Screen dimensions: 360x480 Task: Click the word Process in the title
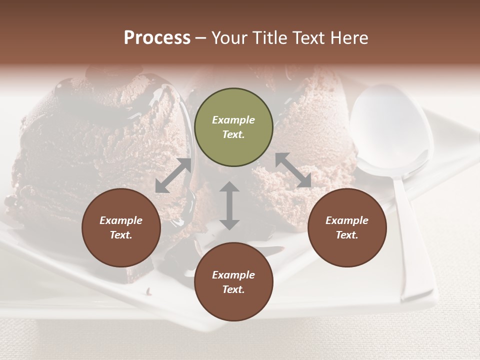pyautogui.click(x=157, y=38)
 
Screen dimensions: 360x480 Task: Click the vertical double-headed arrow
pyautogui.click(x=229, y=205)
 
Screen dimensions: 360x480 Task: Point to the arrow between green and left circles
pyautogui.click(x=173, y=175)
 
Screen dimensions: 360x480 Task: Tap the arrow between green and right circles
pyautogui.click(x=293, y=170)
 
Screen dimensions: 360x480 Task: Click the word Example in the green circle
pyautogui.click(x=233, y=120)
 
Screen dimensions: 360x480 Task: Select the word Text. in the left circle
pyautogui.click(x=121, y=235)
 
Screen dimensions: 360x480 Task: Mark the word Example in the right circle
pyautogui.click(x=347, y=220)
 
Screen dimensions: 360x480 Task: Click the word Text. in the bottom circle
pyautogui.click(x=233, y=289)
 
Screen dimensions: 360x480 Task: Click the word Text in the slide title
pyautogui.click(x=310, y=38)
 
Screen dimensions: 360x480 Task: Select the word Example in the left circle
pyautogui.click(x=121, y=220)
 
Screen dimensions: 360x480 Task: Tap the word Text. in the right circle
pyautogui.click(x=347, y=235)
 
